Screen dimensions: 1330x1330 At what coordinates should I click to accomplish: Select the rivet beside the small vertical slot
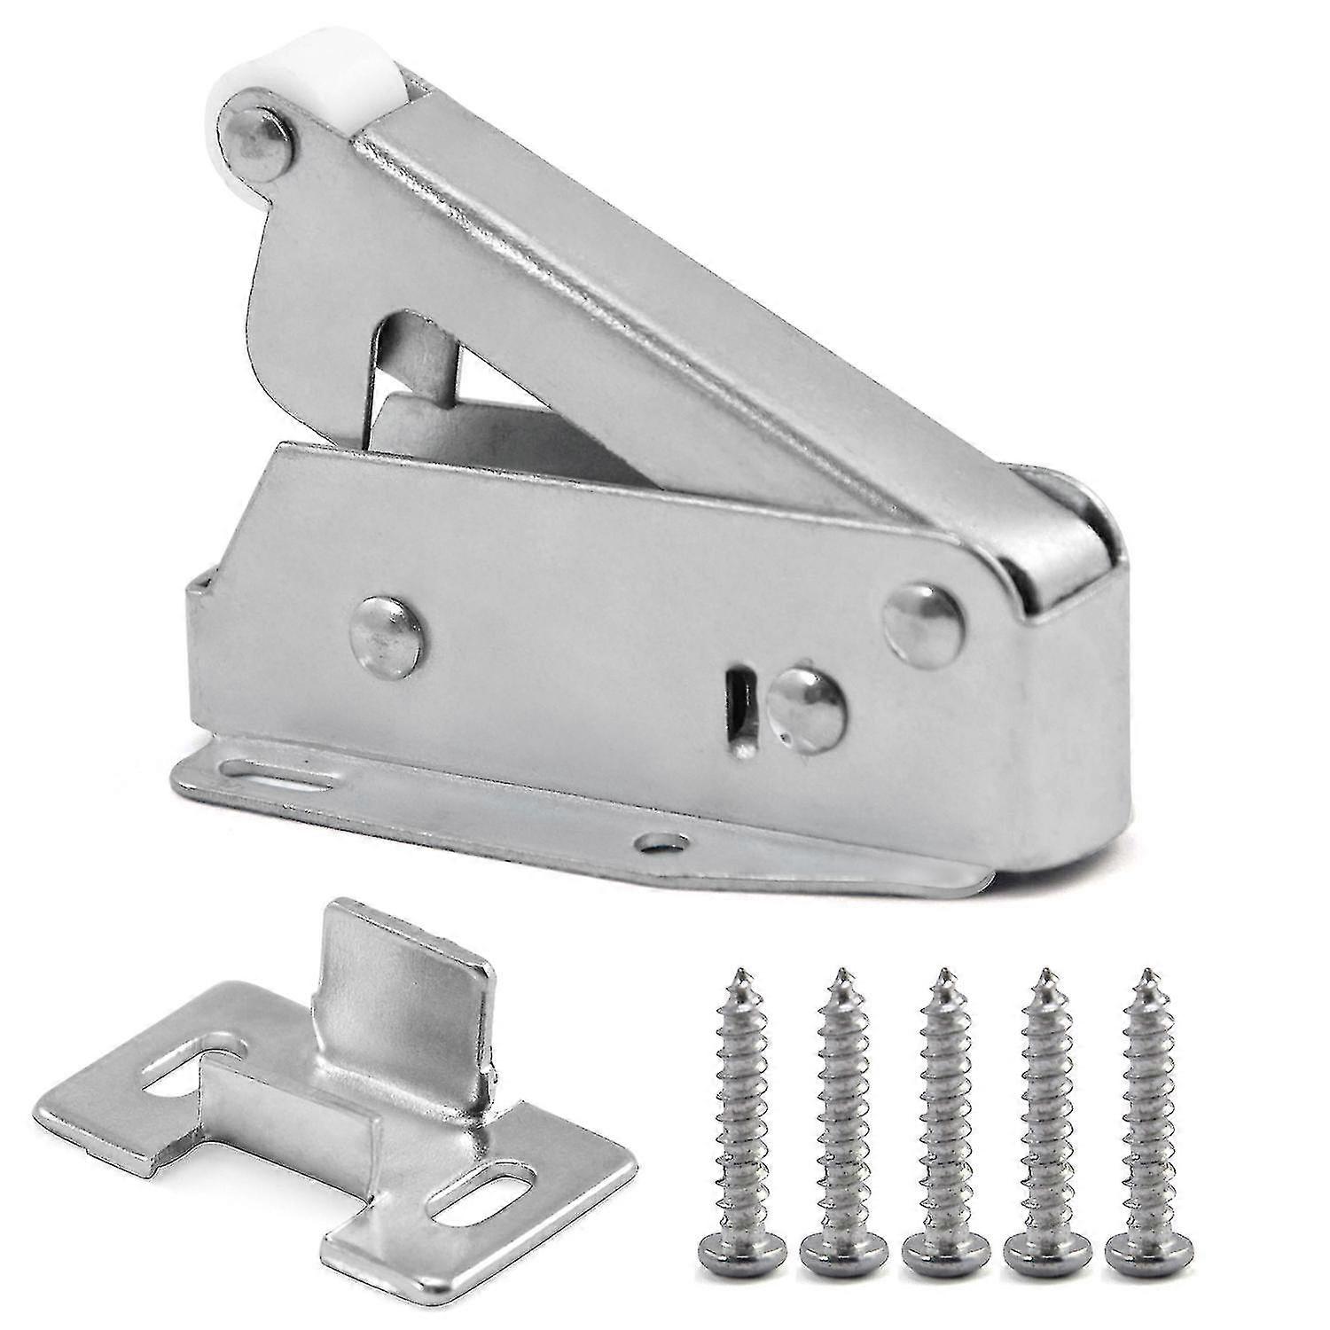(806, 709)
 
